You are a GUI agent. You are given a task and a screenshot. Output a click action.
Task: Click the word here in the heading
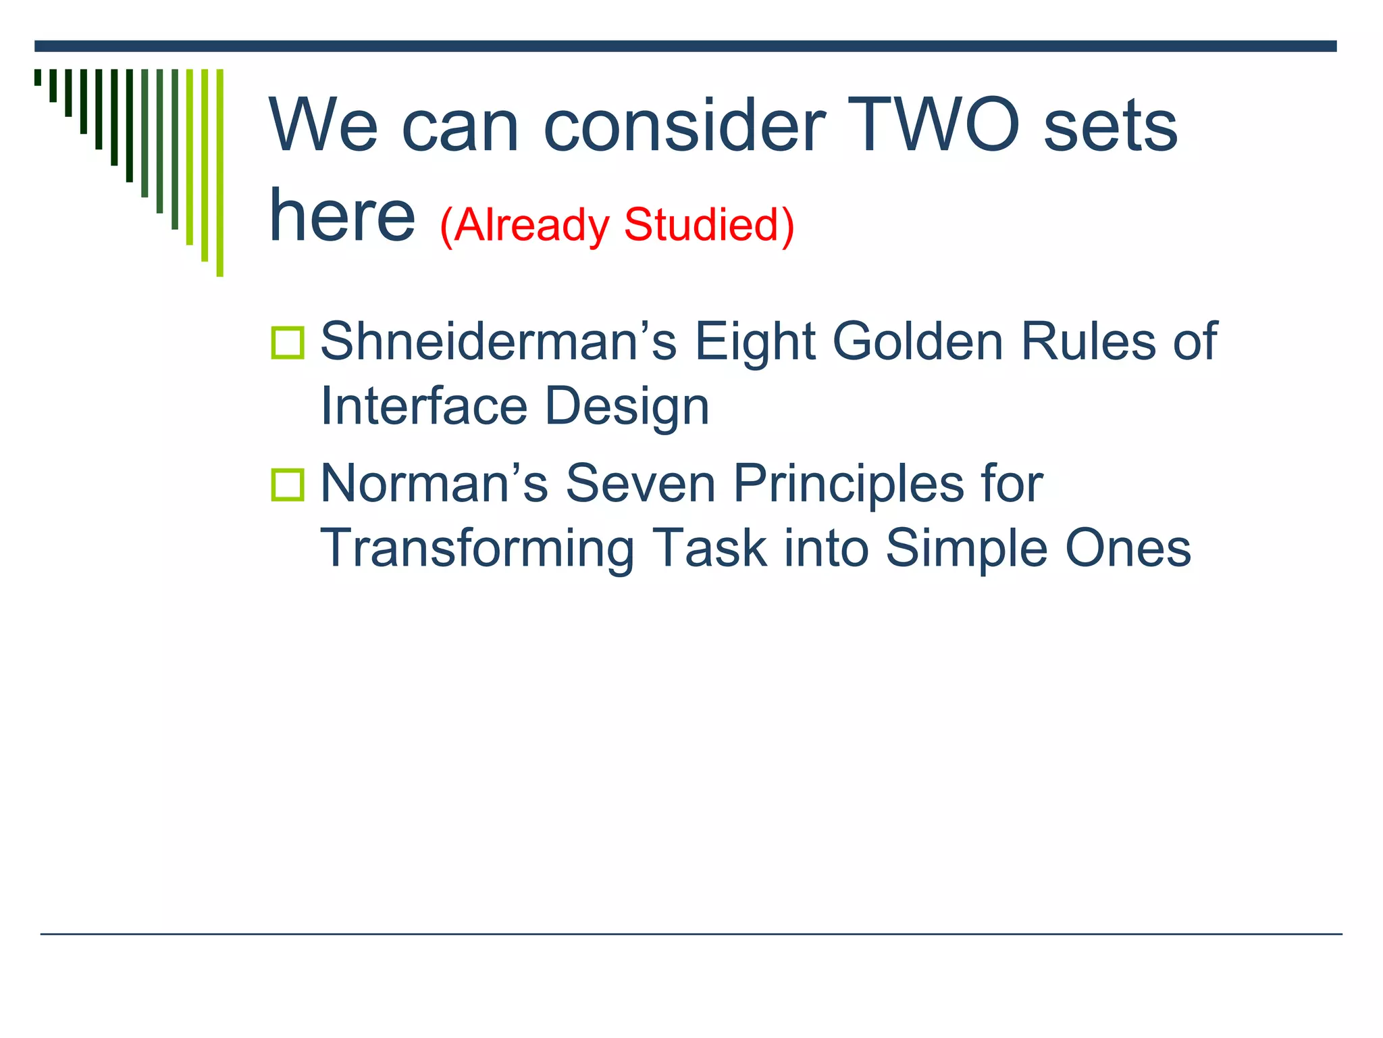coord(342,215)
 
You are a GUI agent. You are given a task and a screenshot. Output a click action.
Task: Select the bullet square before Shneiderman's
coord(288,342)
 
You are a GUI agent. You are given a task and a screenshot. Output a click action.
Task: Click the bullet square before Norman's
coord(288,485)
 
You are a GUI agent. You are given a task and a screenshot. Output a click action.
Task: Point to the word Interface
coord(423,406)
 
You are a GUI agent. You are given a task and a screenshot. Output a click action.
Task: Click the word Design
coord(627,407)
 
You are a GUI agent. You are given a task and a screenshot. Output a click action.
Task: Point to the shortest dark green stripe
coord(38,77)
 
